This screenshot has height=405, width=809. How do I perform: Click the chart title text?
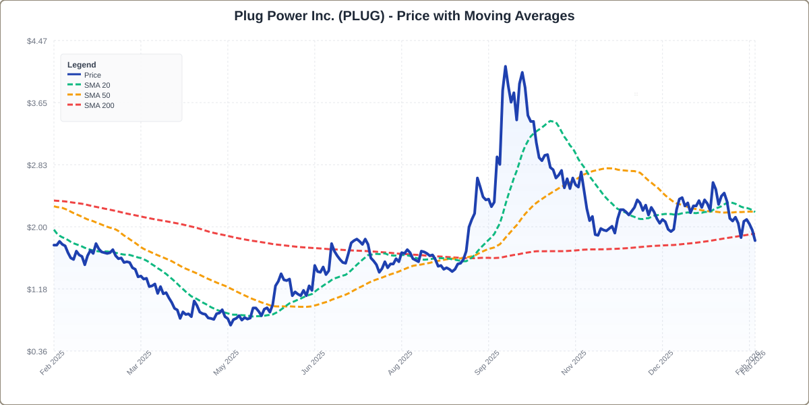(404, 16)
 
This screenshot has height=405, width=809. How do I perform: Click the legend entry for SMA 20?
(97, 85)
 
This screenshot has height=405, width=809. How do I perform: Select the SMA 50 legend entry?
(97, 95)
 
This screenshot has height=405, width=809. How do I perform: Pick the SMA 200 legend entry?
(99, 105)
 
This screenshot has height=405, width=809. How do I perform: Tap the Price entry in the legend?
(92, 75)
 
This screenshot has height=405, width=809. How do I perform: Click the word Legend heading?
(82, 65)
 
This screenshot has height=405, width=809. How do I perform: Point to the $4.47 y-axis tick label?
(37, 41)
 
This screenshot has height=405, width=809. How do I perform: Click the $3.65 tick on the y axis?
(37, 103)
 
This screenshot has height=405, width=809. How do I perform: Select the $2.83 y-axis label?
(37, 165)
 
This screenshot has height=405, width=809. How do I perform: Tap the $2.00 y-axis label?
(37, 227)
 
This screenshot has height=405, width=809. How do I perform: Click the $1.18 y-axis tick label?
(37, 290)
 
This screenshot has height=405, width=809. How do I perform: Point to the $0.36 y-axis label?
(37, 352)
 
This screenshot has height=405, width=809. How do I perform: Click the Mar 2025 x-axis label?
(140, 362)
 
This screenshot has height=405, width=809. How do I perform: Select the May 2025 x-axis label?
(227, 362)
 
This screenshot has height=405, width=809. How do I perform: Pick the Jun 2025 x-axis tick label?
(313, 362)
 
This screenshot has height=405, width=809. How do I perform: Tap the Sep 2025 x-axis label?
(487, 362)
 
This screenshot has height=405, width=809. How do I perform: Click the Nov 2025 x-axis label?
(574, 362)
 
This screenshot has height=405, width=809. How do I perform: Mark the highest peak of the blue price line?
(505, 67)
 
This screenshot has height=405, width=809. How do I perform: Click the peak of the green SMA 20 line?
(551, 122)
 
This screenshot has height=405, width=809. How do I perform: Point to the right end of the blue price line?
(755, 240)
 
